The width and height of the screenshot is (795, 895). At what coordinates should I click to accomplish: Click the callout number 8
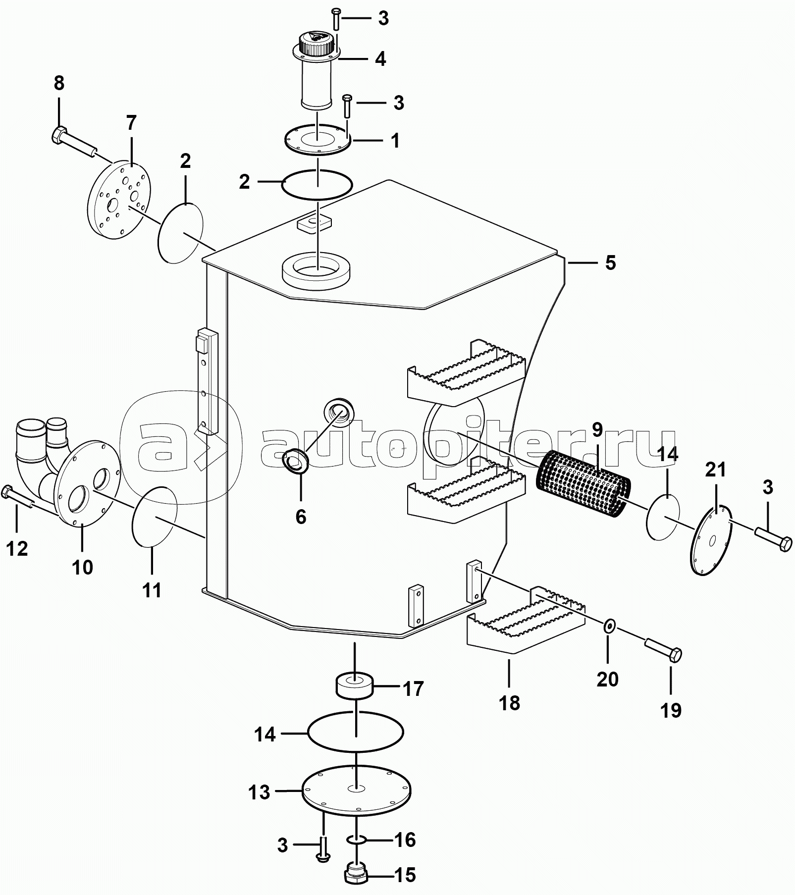tap(59, 83)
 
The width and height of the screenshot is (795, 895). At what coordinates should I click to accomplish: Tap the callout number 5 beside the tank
tap(610, 263)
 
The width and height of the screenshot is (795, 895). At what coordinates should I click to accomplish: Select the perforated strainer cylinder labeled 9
tap(583, 484)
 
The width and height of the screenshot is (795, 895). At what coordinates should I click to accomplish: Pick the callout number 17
tap(414, 689)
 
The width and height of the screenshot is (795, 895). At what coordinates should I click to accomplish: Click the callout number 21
tap(715, 469)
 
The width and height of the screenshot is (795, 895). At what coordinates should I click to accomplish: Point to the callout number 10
tap(82, 567)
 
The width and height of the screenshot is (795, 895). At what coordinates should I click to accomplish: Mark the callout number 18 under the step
tap(509, 703)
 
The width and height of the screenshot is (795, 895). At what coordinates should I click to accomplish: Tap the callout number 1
tap(395, 141)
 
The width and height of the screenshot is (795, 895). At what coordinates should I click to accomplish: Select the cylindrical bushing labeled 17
tap(355, 685)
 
